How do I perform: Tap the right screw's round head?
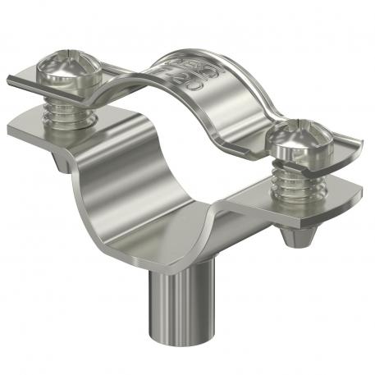point(302,140)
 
